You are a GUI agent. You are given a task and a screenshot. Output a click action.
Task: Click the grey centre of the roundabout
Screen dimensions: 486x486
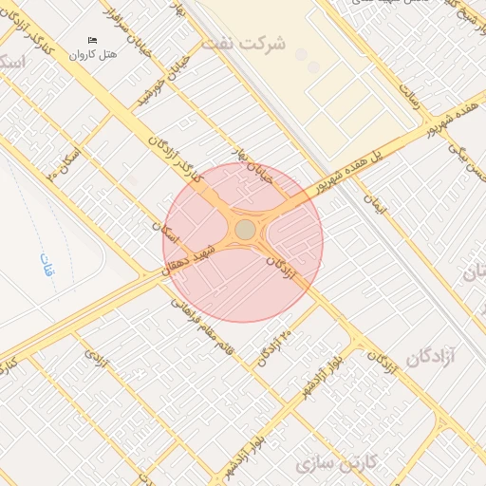pyautogui.click(x=245, y=230)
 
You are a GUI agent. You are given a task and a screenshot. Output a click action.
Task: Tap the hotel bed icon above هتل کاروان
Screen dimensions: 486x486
pyautogui.click(x=92, y=40)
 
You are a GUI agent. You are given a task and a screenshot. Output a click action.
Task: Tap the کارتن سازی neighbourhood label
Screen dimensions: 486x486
pyautogui.click(x=337, y=462)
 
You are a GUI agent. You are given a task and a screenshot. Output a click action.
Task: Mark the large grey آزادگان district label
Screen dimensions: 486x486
pyautogui.click(x=432, y=357)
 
